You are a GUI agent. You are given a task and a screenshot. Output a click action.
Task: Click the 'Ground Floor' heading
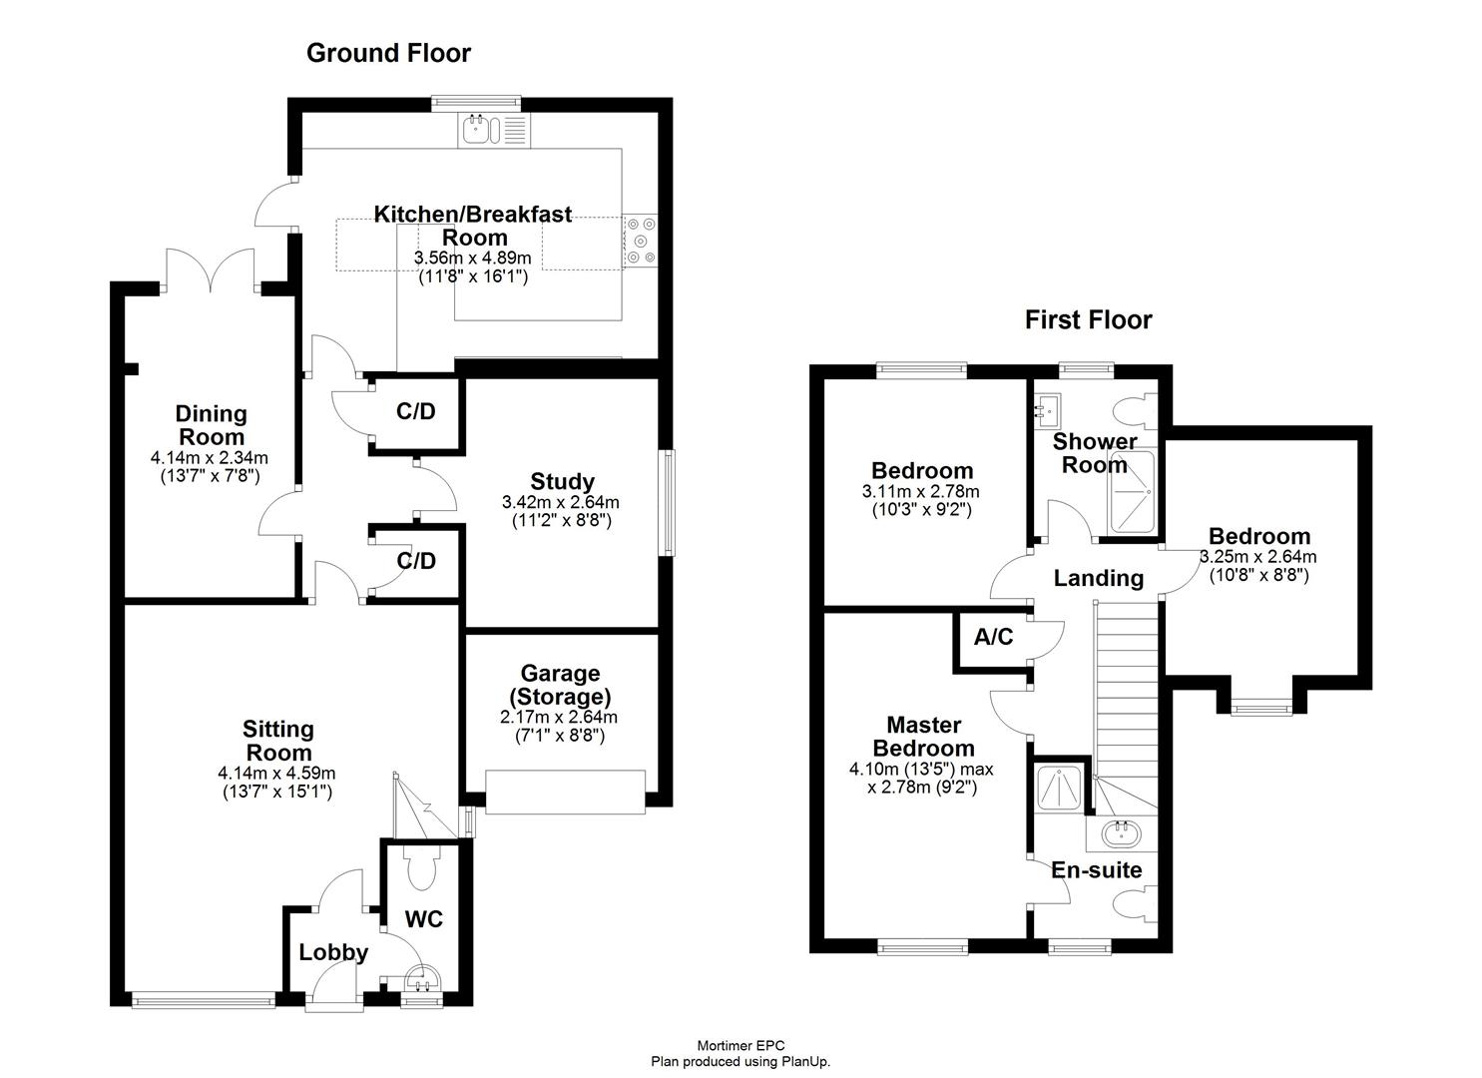pyautogui.click(x=388, y=53)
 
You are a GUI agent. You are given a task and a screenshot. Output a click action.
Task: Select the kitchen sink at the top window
pyautogui.click(x=480, y=130)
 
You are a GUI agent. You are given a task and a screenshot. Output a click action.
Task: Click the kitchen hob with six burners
pyautogui.click(x=640, y=241)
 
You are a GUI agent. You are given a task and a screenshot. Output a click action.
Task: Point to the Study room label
pyautogui.click(x=562, y=481)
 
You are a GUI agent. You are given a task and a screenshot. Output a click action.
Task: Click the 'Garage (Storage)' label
pyautogui.click(x=560, y=685)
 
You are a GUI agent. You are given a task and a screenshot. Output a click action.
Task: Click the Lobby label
pyautogui.click(x=333, y=952)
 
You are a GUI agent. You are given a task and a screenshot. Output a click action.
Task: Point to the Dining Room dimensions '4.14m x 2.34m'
pyautogui.click(x=210, y=458)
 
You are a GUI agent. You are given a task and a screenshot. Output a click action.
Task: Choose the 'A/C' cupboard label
pyautogui.click(x=993, y=637)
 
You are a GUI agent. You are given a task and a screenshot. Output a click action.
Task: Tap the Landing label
pyautogui.click(x=1098, y=578)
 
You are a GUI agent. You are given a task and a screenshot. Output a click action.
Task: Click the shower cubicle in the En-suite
pyautogui.click(x=1058, y=787)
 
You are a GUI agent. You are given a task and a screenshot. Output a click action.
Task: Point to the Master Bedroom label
pyautogui.click(x=923, y=737)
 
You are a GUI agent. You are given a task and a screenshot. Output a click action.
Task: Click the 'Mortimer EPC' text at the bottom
pyautogui.click(x=741, y=1046)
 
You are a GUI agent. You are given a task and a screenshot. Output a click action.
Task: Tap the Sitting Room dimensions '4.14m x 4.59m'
pyautogui.click(x=275, y=773)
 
